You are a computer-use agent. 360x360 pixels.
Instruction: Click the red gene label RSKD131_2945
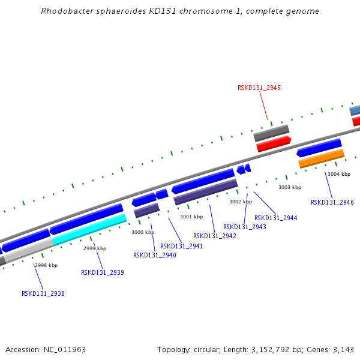click(x=259, y=88)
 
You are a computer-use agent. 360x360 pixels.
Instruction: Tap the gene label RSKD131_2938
click(x=43, y=293)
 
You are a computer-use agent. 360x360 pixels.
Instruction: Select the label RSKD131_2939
click(x=103, y=272)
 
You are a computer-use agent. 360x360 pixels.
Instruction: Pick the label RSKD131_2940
click(x=155, y=255)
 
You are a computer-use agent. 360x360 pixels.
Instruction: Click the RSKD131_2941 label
click(x=181, y=246)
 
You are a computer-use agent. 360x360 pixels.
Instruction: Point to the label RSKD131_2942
click(x=215, y=236)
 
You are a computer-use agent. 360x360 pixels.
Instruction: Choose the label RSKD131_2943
click(x=245, y=227)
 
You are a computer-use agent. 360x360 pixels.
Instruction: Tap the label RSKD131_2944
click(x=276, y=218)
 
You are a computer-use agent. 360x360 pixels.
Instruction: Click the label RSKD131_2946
click(x=332, y=202)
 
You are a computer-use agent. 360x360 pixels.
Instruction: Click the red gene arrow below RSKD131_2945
click(x=274, y=144)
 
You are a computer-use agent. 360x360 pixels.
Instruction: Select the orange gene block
click(x=322, y=158)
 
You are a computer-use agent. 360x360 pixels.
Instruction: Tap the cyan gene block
click(x=89, y=229)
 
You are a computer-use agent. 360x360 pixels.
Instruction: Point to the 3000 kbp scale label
click(x=143, y=232)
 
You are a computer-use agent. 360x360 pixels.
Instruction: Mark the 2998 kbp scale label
click(x=46, y=265)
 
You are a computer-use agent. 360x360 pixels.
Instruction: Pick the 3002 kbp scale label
click(x=241, y=202)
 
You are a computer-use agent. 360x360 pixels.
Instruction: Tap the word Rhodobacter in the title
click(x=65, y=11)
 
